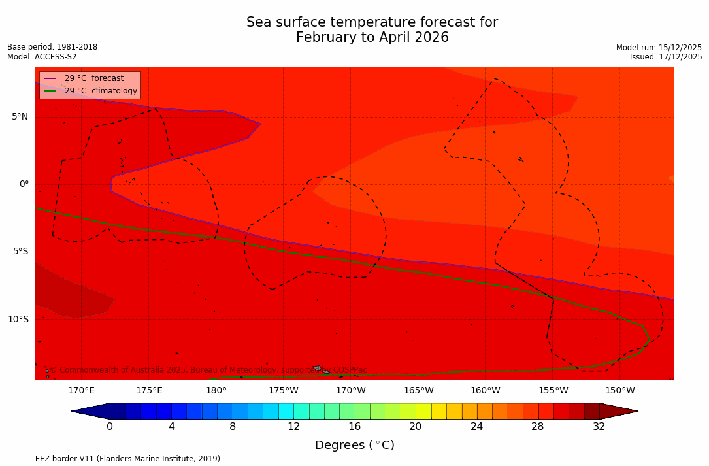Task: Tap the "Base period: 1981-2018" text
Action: coord(52,48)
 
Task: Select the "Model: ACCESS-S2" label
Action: coord(42,58)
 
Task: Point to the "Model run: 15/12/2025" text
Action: coord(659,48)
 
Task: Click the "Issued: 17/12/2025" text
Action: coord(666,58)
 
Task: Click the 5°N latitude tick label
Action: coord(20,117)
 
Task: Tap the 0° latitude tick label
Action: coord(24,184)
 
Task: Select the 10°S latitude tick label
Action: coord(18,320)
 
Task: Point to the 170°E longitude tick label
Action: coord(81,391)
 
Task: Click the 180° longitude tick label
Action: coord(216,391)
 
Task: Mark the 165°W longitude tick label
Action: coord(418,391)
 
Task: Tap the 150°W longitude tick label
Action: coord(620,391)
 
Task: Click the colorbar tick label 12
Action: coord(293,427)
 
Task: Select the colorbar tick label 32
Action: coord(599,427)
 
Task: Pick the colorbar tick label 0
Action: coord(110,427)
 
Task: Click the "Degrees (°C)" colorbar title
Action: coord(354,446)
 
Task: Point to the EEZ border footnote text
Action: coord(115,459)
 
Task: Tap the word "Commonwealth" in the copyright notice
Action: coord(86,371)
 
